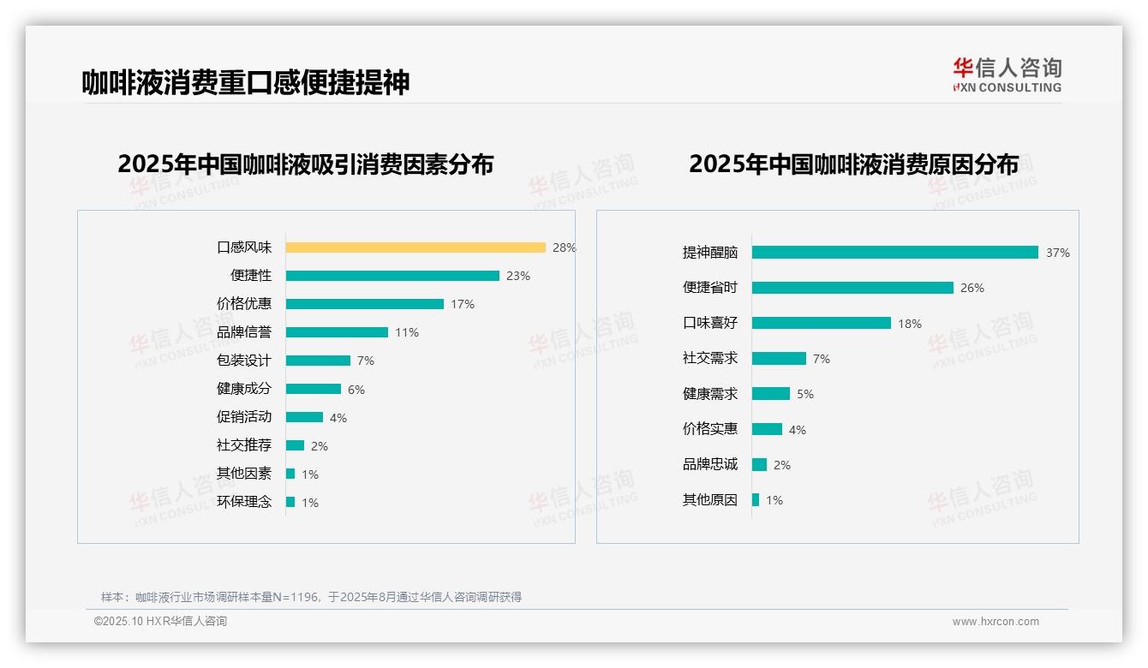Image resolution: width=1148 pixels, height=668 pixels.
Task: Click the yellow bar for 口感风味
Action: point(416,248)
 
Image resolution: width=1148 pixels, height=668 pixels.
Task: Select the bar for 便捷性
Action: point(392,276)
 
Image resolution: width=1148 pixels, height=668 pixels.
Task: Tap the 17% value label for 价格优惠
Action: point(463,304)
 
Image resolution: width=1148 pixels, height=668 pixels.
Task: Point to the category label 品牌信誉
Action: point(244,332)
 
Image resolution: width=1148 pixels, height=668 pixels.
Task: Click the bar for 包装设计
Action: point(318,361)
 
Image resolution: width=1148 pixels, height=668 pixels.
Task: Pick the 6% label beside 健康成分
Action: point(356,390)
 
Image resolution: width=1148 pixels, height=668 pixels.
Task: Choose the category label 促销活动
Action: point(244,417)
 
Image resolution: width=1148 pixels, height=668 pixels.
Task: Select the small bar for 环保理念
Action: point(290,502)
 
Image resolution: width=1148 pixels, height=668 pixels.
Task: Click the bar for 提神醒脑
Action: point(895,253)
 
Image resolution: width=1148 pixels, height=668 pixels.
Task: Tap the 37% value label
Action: point(1058,253)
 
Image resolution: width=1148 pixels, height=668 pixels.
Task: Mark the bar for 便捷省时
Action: point(852,288)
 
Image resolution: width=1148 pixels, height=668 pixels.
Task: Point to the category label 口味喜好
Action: point(710,323)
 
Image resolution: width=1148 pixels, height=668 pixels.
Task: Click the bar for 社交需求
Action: point(779,358)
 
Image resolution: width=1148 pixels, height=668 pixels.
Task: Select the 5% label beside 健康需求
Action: point(805,394)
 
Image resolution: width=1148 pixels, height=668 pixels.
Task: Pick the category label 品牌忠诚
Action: point(710,464)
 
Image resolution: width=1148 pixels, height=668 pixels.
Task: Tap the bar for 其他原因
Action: point(756,499)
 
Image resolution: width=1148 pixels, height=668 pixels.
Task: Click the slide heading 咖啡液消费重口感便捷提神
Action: point(246,82)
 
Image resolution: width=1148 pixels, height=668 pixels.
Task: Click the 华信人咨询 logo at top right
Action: point(1007,74)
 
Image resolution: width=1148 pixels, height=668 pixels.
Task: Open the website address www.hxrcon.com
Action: point(996,622)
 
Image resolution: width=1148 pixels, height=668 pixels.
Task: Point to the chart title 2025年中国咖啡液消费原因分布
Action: point(853,164)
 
